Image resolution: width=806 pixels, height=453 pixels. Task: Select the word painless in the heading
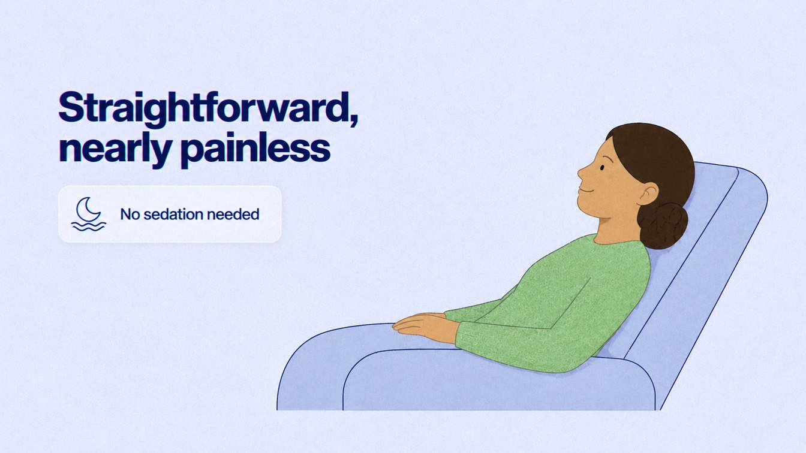(x=255, y=150)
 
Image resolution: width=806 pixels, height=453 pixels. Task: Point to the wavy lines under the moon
(x=89, y=226)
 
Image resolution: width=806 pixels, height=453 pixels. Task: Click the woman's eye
(x=602, y=168)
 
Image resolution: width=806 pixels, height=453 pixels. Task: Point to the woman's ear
(x=647, y=194)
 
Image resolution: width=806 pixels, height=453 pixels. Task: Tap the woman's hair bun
(x=662, y=225)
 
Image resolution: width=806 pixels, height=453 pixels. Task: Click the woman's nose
(x=581, y=173)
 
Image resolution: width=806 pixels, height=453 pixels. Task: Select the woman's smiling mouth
(x=586, y=189)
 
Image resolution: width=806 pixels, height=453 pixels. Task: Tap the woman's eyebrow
(x=607, y=159)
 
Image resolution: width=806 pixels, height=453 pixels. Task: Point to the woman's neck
(x=616, y=227)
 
